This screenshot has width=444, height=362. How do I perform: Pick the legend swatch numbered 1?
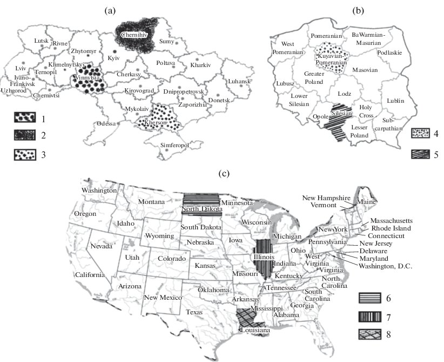point(26,117)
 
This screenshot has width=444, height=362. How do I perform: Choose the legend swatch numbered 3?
point(26,154)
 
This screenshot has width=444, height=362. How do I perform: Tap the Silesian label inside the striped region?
point(342,114)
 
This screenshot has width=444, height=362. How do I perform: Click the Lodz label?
point(345,94)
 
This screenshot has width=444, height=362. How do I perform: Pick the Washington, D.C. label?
point(385,266)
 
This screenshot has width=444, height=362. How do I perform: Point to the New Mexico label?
point(162,298)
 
